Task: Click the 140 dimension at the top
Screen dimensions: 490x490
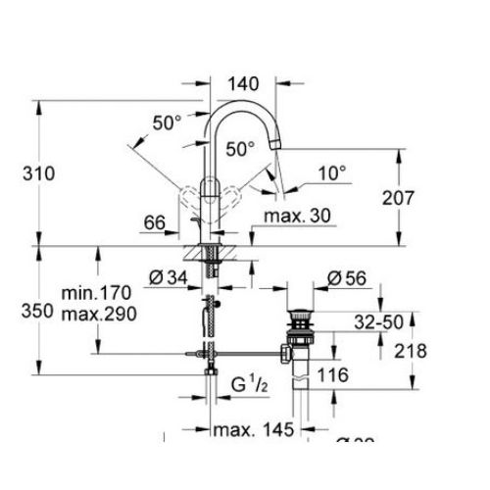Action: pos(243,86)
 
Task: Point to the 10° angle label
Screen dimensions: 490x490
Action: pos(332,172)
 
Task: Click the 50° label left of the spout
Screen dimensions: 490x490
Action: pos(167,122)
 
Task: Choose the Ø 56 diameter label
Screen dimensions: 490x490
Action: pos(347,279)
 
